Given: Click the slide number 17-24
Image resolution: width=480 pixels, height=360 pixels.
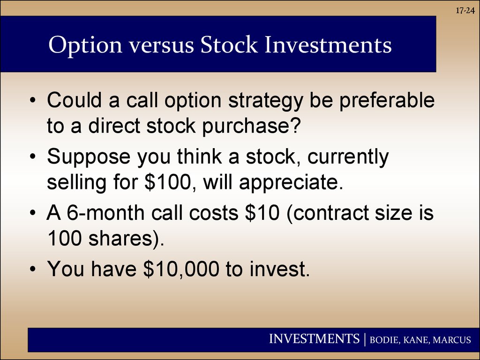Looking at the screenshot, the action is pos(465,11).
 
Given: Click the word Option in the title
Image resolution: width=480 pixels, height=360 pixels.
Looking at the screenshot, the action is pos(85,45).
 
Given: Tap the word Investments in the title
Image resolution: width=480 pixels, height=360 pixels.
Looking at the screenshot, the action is pos(328,45).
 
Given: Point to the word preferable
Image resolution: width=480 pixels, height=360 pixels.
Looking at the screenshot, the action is pos(387,100).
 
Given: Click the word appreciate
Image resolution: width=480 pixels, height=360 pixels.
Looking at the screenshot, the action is pos(291,183).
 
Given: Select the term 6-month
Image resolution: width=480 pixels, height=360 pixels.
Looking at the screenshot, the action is pos(105,212).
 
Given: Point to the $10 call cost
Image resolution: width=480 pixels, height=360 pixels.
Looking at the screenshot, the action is pos(262,212).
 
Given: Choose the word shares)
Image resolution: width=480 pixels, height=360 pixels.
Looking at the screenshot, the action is pos(127,238).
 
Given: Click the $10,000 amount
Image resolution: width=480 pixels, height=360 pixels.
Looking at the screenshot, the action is pos(181,269).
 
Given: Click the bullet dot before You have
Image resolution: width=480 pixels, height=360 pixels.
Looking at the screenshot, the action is pos(33,269).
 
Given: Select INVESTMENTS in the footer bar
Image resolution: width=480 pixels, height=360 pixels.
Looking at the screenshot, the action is pos(315,338).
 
